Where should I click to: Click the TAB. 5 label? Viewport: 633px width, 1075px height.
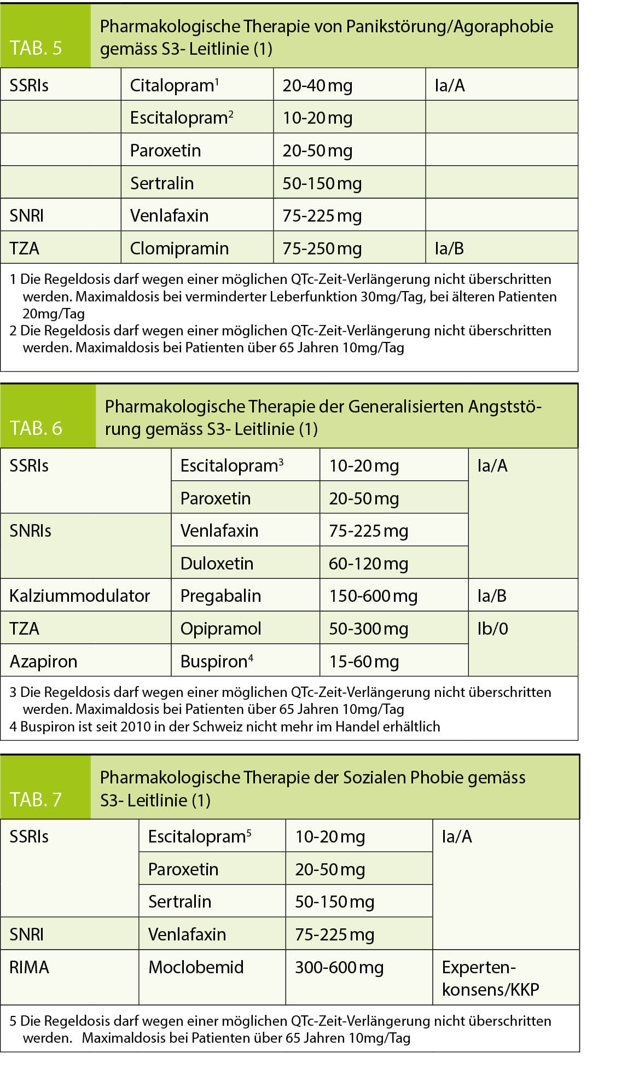[x=36, y=48]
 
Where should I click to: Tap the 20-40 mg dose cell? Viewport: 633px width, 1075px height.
[x=317, y=85]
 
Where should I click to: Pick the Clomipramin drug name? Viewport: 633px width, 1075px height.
[x=179, y=248]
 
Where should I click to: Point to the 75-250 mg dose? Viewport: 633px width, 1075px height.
[x=322, y=248]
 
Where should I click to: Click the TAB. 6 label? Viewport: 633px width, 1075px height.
[x=36, y=428]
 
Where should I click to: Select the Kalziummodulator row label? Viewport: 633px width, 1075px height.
[x=79, y=596]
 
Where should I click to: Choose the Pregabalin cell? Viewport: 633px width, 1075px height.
[x=220, y=596]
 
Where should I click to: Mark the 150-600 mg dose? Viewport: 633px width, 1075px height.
[x=373, y=596]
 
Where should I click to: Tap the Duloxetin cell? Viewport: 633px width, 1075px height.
[x=217, y=563]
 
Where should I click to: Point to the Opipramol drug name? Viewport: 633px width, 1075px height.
[x=220, y=629]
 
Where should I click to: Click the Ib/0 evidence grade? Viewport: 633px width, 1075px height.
[x=492, y=629]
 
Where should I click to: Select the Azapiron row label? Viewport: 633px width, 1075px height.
[x=43, y=661]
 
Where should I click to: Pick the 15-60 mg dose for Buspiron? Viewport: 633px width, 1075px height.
[x=364, y=661]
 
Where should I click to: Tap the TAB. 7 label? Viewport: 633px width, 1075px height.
[x=36, y=799]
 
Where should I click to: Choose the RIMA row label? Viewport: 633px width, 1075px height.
[x=29, y=967]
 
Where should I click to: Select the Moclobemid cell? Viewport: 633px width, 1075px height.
[x=196, y=967]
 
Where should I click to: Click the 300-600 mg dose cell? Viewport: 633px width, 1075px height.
[x=339, y=967]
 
